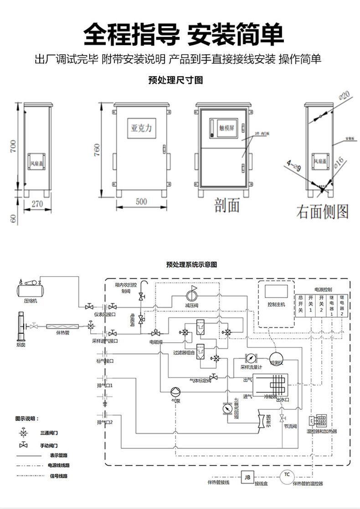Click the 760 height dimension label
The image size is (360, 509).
(97, 150)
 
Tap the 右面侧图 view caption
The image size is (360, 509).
(323, 211)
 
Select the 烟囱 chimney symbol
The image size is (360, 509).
(21, 326)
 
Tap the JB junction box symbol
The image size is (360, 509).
(247, 477)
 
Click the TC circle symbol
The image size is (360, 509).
(287, 475)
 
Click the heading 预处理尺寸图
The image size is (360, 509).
(175, 80)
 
